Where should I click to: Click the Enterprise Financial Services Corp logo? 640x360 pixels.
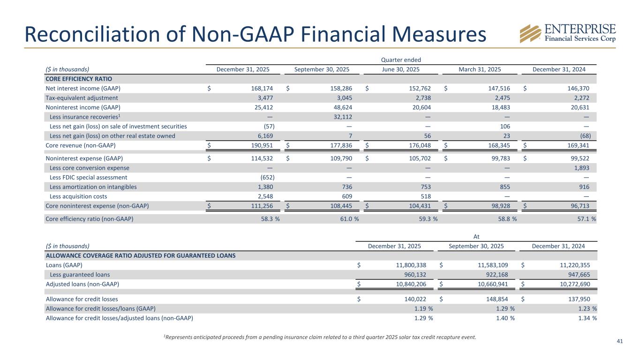pyautogui.click(x=567, y=32)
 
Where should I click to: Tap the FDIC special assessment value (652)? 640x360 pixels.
pyautogui.click(x=267, y=177)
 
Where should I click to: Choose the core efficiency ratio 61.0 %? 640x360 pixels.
pyautogui.click(x=346, y=218)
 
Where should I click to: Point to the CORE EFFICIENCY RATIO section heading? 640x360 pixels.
pyautogui.click(x=79, y=79)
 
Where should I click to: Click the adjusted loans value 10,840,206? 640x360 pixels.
pyautogui.click(x=410, y=284)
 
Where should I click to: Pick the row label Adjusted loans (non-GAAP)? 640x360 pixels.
pyautogui.click(x=82, y=284)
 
